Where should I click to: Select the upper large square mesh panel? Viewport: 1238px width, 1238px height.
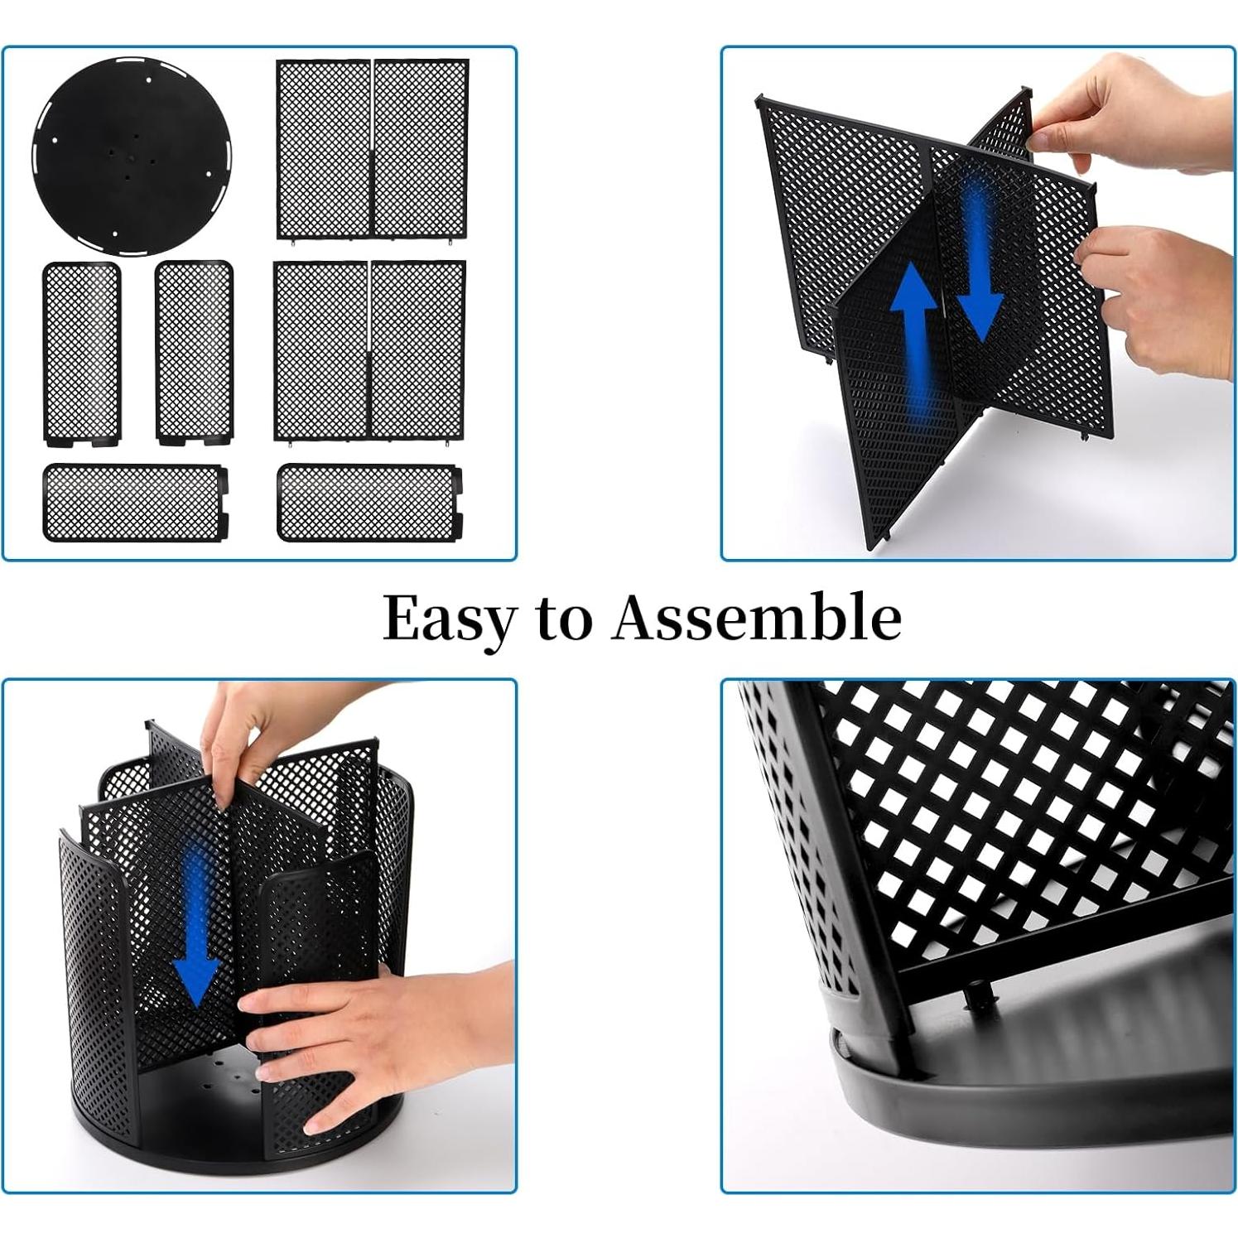pos(372,149)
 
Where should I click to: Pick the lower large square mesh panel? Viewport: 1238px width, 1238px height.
pos(369,350)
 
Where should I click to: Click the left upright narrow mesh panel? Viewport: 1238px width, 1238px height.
pos(81,352)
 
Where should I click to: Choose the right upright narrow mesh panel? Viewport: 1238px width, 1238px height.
pos(194,352)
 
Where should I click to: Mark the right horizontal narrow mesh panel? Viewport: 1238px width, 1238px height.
pos(369,503)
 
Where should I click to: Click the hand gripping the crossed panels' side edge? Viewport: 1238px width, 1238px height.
pos(1159,298)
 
